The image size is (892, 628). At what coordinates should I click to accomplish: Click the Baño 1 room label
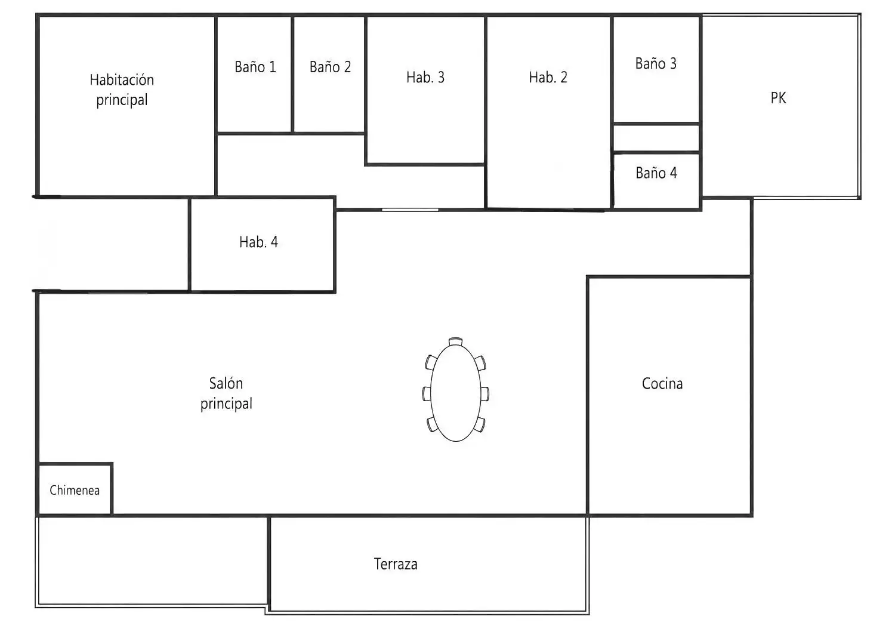click(255, 67)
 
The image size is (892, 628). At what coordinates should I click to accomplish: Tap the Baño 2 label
click(330, 67)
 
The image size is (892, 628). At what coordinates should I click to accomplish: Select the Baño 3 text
click(656, 64)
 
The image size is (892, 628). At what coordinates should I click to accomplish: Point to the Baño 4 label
click(656, 173)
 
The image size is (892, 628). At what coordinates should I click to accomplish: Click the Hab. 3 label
click(425, 77)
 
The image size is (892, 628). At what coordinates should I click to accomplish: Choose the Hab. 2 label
click(548, 77)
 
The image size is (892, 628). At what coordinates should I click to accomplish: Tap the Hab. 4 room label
click(258, 242)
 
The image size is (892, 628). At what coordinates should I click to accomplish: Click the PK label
click(779, 98)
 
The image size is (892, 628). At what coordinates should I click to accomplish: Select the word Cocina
click(662, 383)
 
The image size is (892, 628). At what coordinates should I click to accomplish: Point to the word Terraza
click(396, 564)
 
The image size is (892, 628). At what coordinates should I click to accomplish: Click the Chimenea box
click(75, 490)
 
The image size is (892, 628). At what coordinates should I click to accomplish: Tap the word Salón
click(226, 383)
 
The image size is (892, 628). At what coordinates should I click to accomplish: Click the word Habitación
click(122, 80)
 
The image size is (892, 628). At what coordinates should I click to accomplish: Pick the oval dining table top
click(456, 393)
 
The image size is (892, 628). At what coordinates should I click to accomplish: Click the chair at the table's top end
click(456, 341)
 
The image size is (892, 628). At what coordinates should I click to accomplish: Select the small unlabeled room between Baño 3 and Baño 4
click(656, 138)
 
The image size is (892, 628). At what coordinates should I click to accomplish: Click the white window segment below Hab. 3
click(410, 210)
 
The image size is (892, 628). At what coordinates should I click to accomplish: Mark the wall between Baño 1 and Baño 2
click(292, 74)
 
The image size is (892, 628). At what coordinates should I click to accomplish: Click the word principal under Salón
click(226, 404)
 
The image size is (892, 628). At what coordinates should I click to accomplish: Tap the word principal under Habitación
click(122, 100)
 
